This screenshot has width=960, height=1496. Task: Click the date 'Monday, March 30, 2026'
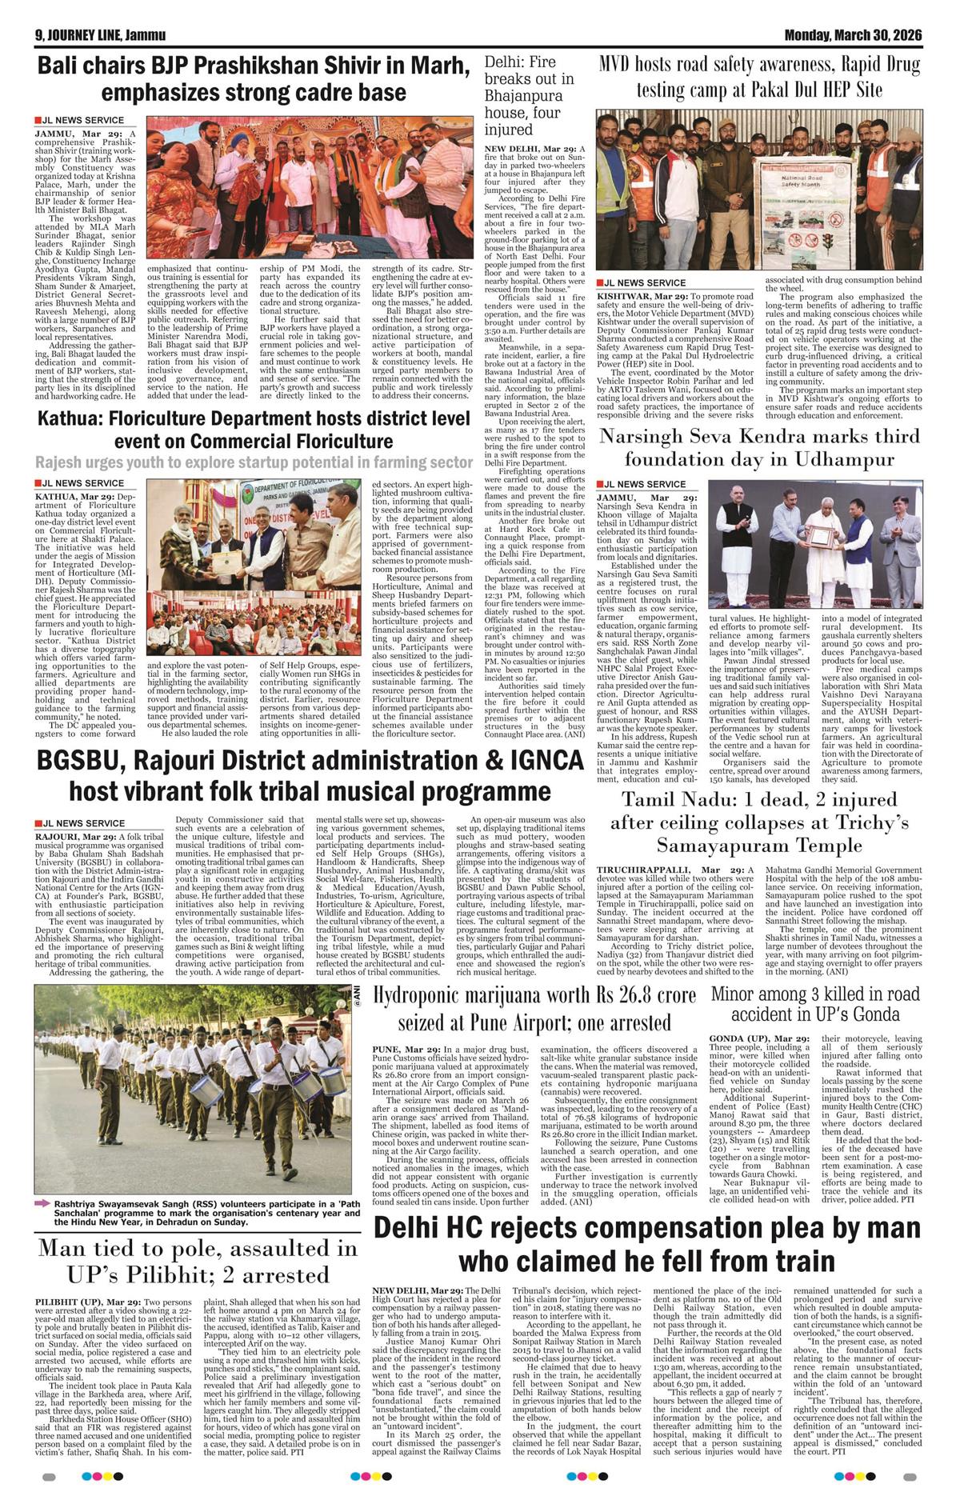pos(853,35)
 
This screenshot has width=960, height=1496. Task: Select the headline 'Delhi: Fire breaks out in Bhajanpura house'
pos(530,96)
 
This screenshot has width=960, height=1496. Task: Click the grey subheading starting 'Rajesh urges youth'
pos(254,463)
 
